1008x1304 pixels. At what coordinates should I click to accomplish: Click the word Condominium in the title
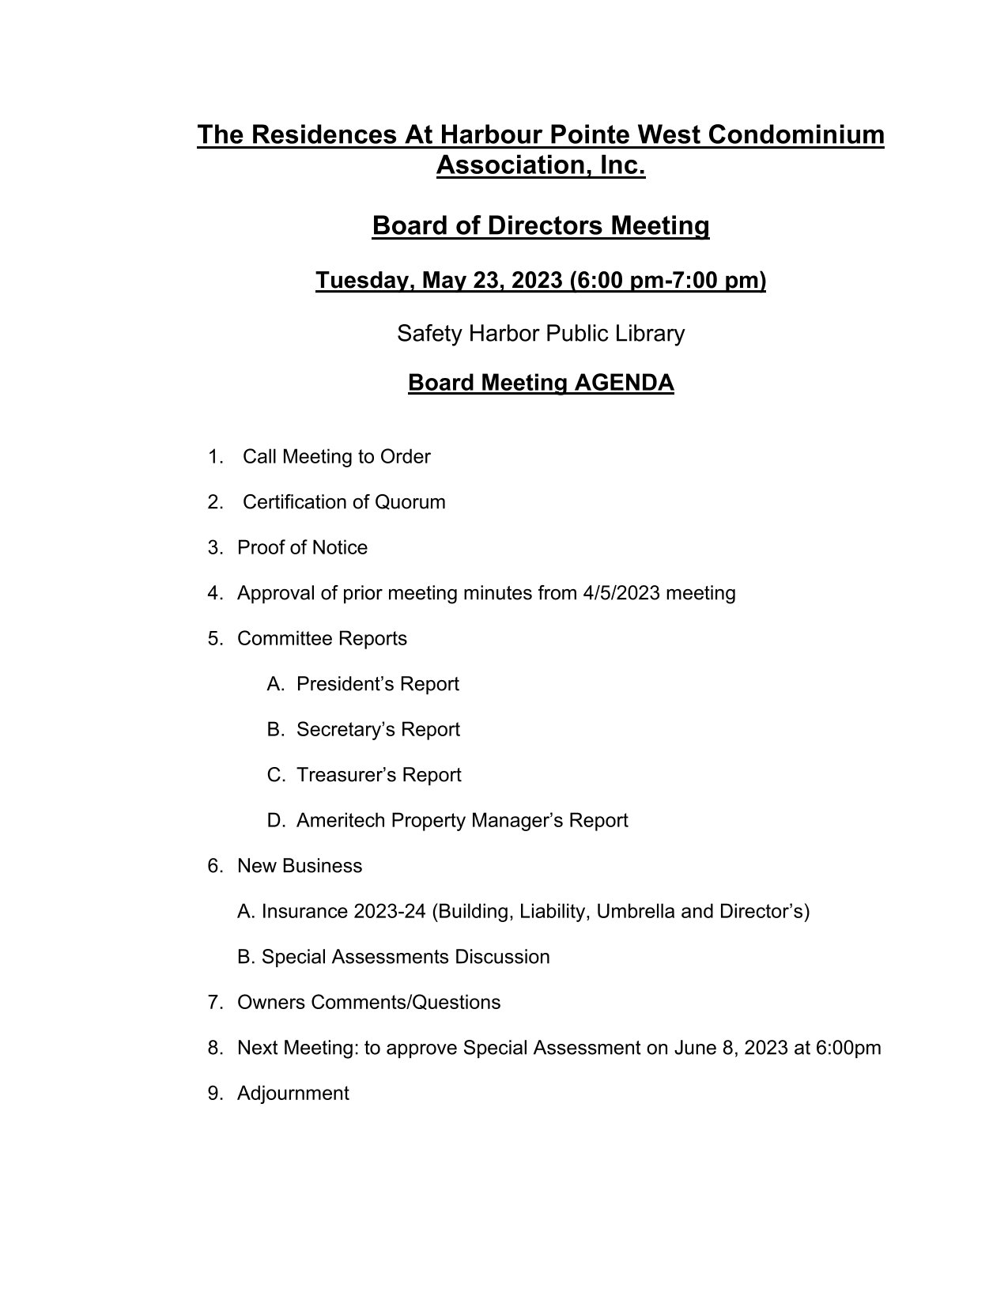795,134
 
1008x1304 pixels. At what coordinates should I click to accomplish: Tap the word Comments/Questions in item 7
406,1003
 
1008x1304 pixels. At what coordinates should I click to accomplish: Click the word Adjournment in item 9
293,1094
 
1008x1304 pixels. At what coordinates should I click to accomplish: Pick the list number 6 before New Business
214,866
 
